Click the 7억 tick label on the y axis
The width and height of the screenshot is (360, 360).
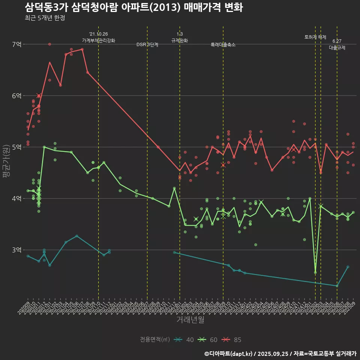tap(16, 44)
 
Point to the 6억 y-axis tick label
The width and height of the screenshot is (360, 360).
tap(16, 96)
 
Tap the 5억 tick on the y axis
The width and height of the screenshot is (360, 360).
tap(16, 147)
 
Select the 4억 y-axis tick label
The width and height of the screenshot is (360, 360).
tap(16, 198)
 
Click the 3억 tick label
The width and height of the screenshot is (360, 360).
tap(16, 250)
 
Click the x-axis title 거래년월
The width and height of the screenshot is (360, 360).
tap(190, 319)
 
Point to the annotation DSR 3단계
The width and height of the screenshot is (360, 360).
tap(147, 45)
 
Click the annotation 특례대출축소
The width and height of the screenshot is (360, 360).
tap(223, 45)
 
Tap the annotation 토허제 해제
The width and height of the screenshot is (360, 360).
tap(315, 37)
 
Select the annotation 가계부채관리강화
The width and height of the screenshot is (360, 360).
tap(99, 40)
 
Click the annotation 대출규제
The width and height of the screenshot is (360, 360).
tap(337, 48)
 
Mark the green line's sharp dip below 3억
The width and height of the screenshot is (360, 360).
tap(315, 272)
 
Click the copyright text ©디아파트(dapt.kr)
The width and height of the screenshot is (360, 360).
tap(228, 354)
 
